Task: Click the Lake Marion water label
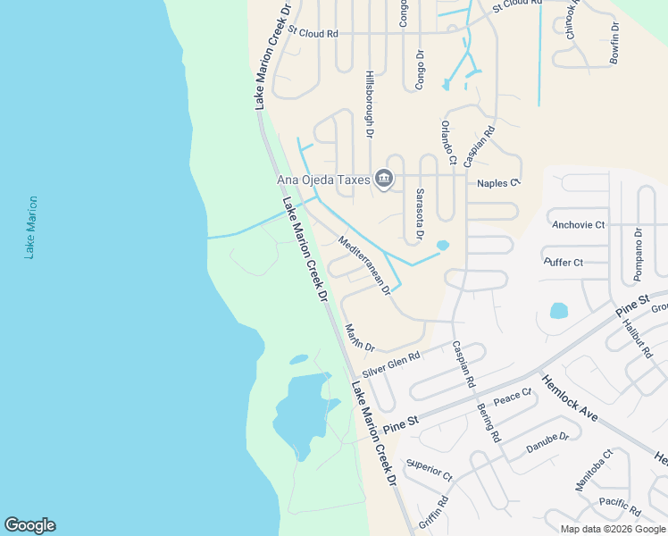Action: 32,228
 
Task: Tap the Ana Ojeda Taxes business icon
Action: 384,180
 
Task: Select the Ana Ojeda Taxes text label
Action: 323,180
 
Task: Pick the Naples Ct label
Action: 498,183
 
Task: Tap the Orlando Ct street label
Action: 448,143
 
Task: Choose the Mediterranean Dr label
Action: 364,264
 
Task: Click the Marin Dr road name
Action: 360,337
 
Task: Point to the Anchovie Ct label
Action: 578,224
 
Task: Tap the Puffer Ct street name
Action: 564,262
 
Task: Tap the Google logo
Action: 29,525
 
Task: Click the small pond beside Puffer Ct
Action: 558,311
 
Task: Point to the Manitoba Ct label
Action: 594,470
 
